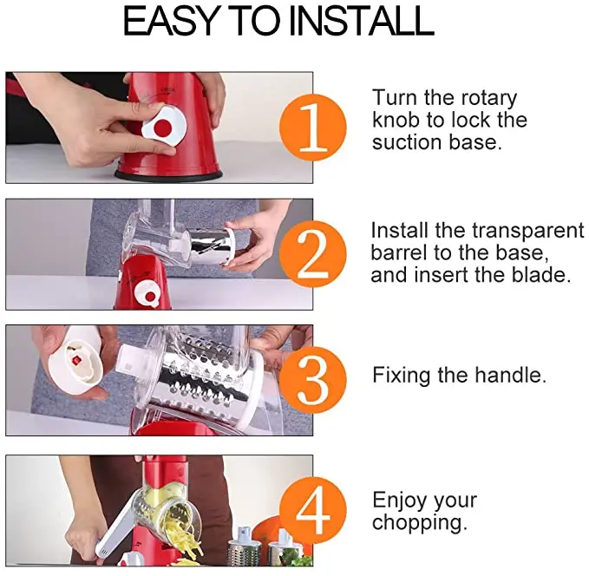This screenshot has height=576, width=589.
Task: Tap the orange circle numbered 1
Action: (312, 128)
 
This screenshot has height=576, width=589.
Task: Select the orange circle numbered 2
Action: (312, 254)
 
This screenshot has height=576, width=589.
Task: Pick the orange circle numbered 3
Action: (312, 380)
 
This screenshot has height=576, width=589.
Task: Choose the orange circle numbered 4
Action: (312, 510)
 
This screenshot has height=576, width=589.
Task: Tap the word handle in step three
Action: (510, 375)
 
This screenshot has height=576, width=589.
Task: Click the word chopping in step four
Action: (420, 523)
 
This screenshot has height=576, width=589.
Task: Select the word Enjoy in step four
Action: (400, 501)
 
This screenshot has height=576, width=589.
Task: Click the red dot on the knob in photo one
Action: (163, 128)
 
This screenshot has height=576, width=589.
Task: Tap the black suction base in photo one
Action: (168, 174)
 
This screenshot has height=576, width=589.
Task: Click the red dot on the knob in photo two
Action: (150, 297)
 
